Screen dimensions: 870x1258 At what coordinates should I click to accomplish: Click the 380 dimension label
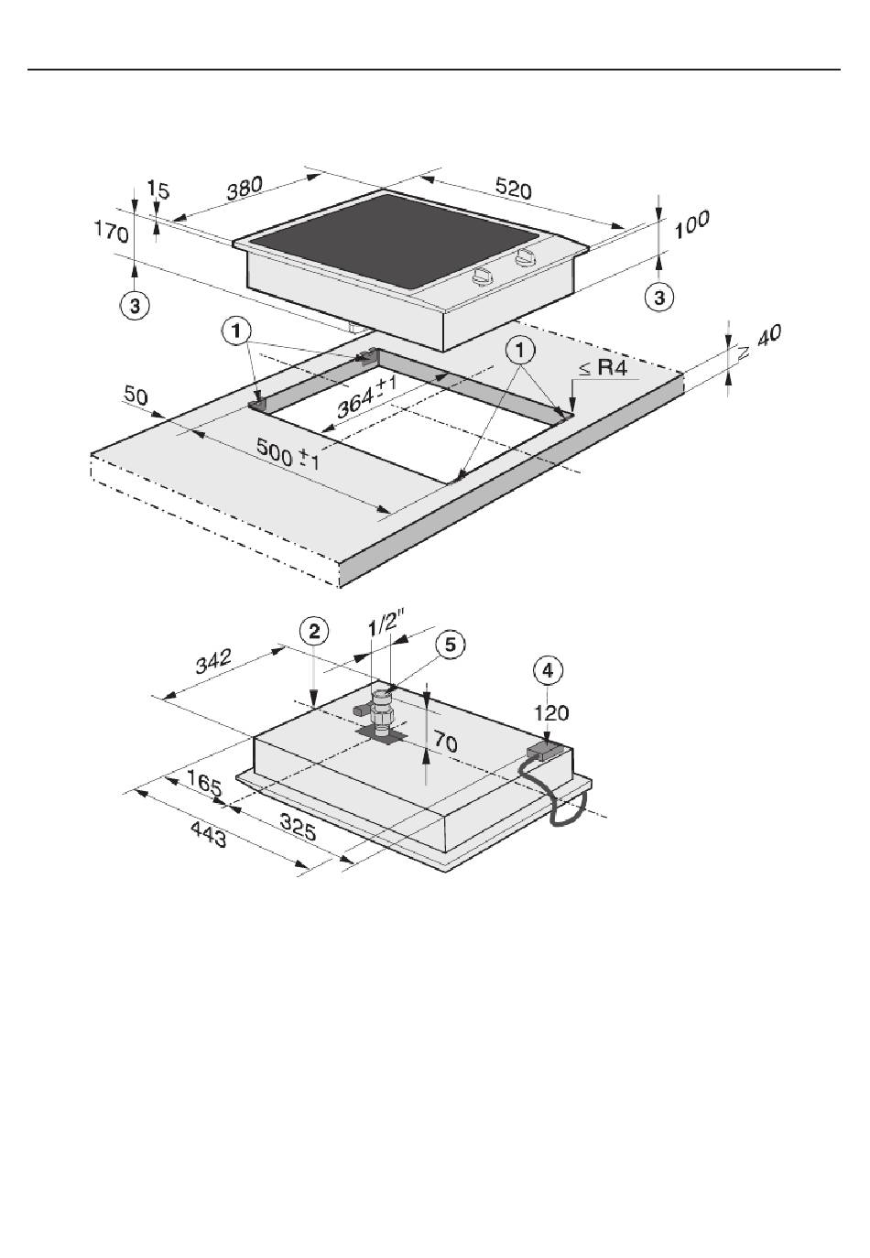pyautogui.click(x=245, y=189)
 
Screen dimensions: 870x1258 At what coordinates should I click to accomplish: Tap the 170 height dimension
pyautogui.click(x=111, y=232)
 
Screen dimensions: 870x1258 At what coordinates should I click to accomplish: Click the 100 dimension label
pyautogui.click(x=692, y=224)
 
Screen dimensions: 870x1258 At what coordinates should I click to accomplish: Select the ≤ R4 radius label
pyautogui.click(x=603, y=368)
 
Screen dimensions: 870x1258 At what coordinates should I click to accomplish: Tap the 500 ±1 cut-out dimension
pyautogui.click(x=288, y=453)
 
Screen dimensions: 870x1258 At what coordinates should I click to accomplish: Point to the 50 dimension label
pyautogui.click(x=136, y=397)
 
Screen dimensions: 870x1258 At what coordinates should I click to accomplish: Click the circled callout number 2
pyautogui.click(x=314, y=631)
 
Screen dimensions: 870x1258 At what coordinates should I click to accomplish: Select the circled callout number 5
pyautogui.click(x=451, y=645)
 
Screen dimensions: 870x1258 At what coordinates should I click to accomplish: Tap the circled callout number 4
pyautogui.click(x=549, y=670)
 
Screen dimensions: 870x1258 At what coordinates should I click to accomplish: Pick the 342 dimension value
pyautogui.click(x=213, y=661)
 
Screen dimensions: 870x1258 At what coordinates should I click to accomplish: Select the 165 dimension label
pyautogui.click(x=203, y=783)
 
